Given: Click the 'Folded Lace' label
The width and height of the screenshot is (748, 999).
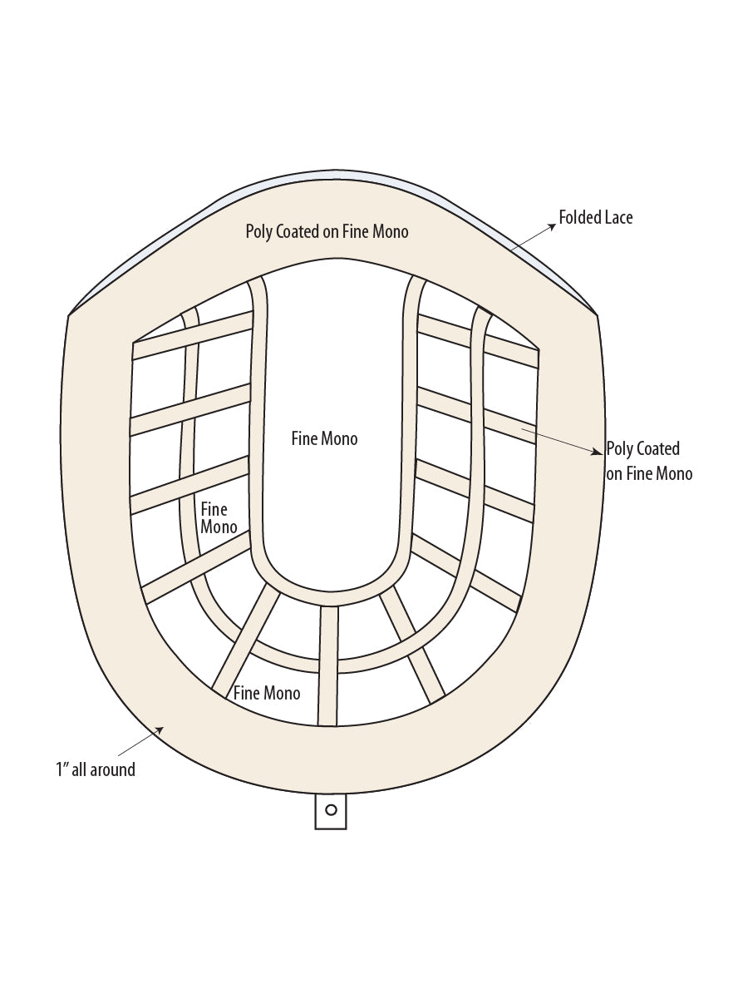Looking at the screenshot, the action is (x=596, y=218).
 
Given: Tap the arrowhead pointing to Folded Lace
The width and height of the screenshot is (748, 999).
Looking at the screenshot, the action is (x=552, y=226).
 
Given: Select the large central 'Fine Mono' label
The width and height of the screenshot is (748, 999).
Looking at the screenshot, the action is (x=325, y=438).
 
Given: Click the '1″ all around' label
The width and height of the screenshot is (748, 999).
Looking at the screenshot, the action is (x=96, y=769).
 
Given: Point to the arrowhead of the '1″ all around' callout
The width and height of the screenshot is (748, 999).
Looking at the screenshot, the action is (x=160, y=729).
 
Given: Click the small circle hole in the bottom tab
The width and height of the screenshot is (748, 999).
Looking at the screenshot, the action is (x=332, y=809).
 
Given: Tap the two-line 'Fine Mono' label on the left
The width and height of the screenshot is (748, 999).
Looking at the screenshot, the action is (x=219, y=518).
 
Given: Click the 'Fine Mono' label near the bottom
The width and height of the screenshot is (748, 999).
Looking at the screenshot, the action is (x=267, y=693).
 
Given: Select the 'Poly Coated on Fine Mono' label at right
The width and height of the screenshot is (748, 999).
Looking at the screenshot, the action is (x=649, y=462).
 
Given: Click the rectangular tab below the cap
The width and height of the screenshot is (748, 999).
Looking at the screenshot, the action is (x=331, y=811).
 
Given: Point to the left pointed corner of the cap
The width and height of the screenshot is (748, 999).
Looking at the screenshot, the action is (x=68, y=315).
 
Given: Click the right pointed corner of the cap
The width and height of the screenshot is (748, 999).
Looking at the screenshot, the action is (x=597, y=314).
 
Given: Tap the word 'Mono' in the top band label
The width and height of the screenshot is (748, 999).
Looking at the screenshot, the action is (x=391, y=232).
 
